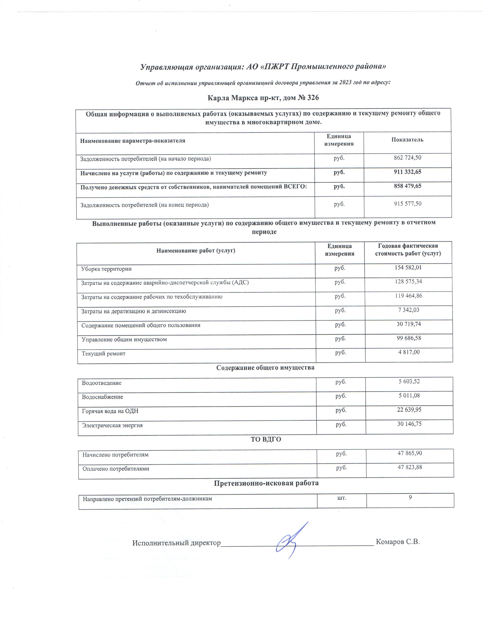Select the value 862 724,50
click(x=407, y=158)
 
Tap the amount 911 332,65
click(x=407, y=172)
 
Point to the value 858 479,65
click(x=407, y=186)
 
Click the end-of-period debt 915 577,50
click(x=408, y=204)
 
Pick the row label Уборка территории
click(x=106, y=269)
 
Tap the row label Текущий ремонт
click(x=104, y=353)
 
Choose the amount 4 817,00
click(x=409, y=352)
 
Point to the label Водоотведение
click(x=102, y=383)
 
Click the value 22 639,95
click(x=409, y=410)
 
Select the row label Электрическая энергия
click(x=112, y=425)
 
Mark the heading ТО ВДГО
click(x=266, y=440)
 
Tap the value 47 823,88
click(x=410, y=467)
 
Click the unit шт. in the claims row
click(x=342, y=497)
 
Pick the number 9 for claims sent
click(x=410, y=497)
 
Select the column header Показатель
click(x=407, y=140)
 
